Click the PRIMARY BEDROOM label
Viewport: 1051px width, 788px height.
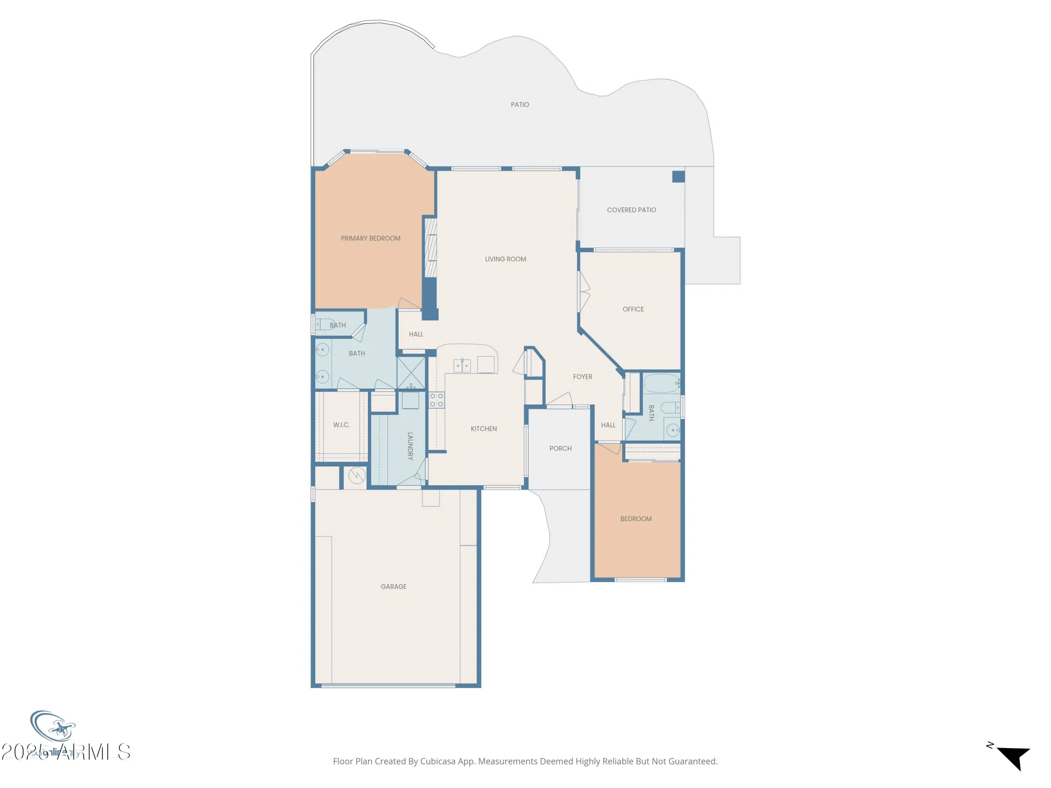370,239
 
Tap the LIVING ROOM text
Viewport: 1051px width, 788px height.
505,259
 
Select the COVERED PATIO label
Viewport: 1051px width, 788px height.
631,210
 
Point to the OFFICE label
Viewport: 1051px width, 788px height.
633,309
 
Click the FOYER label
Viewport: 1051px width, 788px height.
582,377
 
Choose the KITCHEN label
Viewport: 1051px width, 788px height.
483,429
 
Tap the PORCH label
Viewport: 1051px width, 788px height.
560,448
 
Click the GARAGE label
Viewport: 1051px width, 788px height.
394,586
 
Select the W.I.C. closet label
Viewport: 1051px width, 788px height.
341,424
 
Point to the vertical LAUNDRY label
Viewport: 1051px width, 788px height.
410,446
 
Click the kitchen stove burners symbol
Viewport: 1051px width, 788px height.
436,400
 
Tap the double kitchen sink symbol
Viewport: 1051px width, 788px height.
462,365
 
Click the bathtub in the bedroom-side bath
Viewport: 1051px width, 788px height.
661,383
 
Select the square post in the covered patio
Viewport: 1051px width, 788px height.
678,177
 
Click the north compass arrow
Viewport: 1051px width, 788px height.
1014,756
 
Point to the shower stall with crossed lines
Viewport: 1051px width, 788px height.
411,372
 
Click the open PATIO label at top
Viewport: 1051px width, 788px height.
520,105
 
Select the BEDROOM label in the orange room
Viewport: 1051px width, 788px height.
635,519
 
